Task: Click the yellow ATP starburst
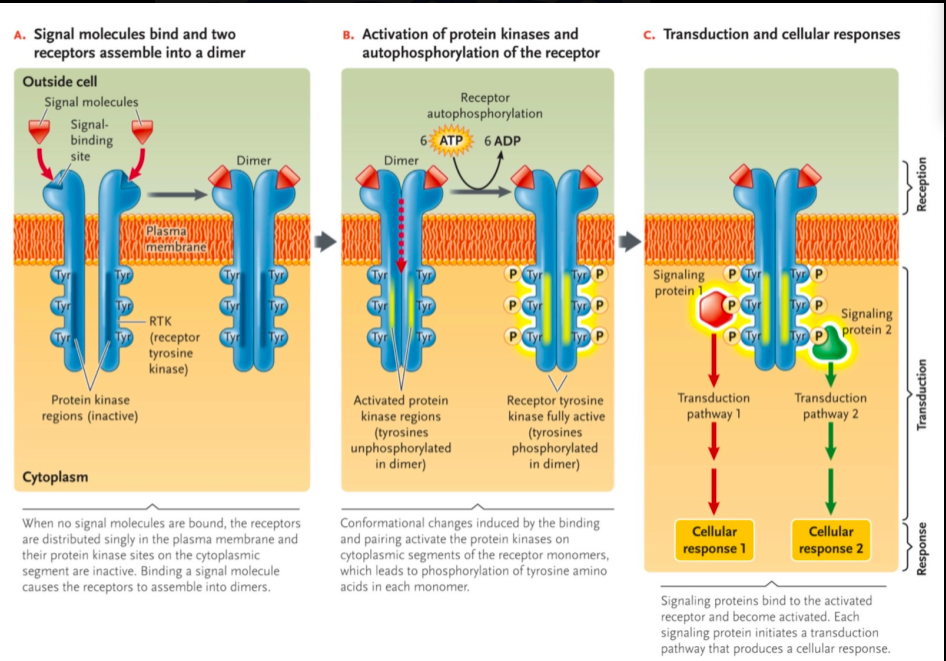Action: coord(450,143)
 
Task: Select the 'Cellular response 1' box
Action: coord(714,540)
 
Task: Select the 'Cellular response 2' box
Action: coord(830,540)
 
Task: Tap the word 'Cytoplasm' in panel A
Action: coord(55,476)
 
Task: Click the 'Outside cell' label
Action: coord(59,81)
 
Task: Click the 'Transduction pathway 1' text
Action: coord(714,405)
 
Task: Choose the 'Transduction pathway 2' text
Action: coord(830,405)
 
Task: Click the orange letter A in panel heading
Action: coord(19,35)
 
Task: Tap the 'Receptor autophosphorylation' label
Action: coord(485,106)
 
